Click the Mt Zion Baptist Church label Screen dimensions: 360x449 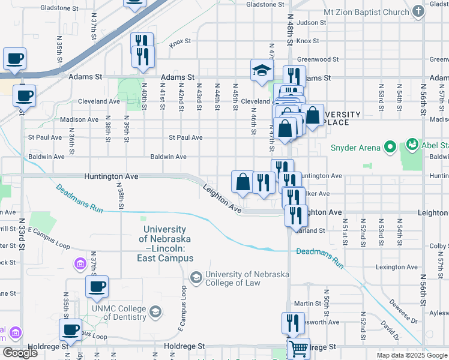tap(366, 12)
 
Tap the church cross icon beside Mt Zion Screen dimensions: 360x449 tap(419, 12)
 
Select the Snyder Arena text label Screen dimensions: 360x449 tap(355, 148)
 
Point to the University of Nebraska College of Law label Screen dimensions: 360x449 tap(247, 279)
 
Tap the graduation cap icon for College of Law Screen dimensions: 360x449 tap(196, 277)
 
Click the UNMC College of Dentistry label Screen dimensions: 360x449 tap(118, 313)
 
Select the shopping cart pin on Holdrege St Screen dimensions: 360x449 tap(298, 347)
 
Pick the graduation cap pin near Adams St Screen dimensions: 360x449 tap(261, 70)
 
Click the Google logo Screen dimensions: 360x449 tap(20, 353)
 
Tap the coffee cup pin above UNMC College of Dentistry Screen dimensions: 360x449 tap(97, 287)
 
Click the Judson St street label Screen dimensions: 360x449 tap(311, 23)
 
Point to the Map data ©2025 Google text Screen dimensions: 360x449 tap(411, 355)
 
